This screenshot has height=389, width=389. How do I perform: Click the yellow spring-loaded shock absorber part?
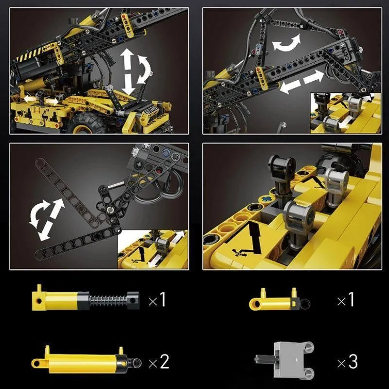[x=86, y=298]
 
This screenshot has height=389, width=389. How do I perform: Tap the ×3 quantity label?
[x=347, y=362]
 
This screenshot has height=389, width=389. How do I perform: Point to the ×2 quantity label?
[x=159, y=362]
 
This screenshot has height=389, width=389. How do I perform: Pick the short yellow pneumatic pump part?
[x=279, y=299]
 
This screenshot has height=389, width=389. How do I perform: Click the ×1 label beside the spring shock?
[x=157, y=300]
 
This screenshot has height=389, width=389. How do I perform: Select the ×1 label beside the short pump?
[x=346, y=300]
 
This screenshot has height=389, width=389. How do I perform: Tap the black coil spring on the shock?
[x=108, y=301]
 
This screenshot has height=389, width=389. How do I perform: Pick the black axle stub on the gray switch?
[x=265, y=359]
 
